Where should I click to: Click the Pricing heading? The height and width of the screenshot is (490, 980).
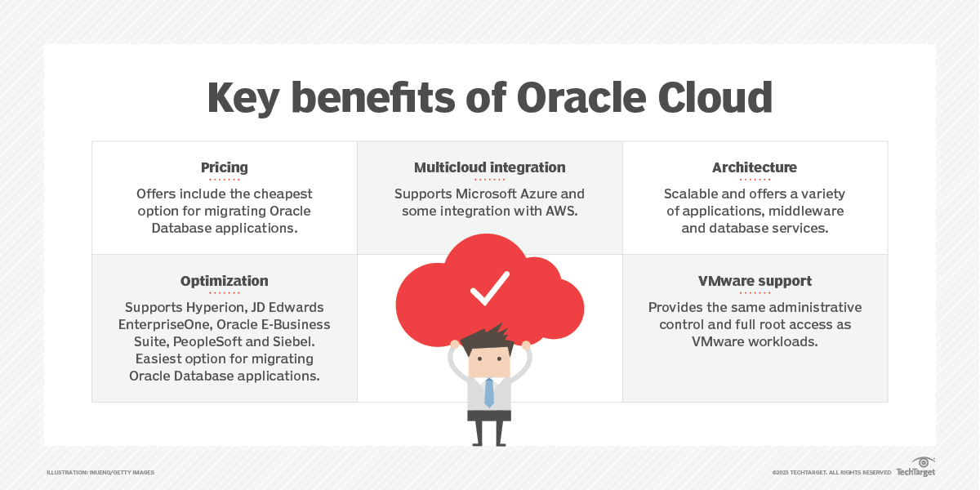[x=224, y=167]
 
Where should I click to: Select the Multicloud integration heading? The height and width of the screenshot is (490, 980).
[x=489, y=167]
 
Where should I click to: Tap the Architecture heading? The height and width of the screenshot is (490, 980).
[x=754, y=167]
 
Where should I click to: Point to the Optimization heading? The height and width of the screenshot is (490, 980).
[x=224, y=281]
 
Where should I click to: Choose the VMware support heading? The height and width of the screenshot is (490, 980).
[x=754, y=281]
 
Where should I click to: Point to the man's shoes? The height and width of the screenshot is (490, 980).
[x=488, y=442]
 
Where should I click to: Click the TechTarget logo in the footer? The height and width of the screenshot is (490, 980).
[x=915, y=468]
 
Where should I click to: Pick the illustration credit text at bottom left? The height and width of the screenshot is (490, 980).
[x=100, y=472]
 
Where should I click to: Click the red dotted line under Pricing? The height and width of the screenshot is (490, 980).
[x=224, y=179]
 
